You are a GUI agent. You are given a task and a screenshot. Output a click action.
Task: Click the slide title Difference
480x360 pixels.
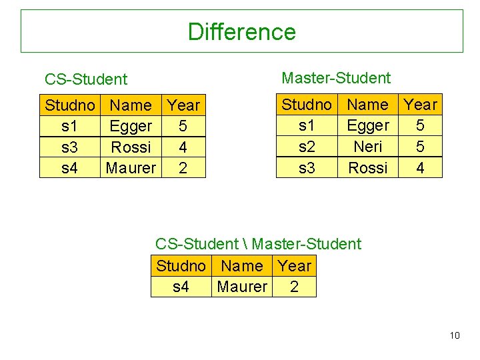pos(241,31)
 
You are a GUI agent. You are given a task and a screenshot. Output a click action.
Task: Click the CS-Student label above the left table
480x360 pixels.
pos(85,79)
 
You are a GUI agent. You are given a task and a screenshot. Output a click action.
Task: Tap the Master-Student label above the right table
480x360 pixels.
pos(336,78)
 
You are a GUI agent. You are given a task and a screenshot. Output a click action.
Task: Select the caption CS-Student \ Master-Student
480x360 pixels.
pos(258,244)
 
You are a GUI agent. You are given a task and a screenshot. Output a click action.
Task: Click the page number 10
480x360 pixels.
pos(455,335)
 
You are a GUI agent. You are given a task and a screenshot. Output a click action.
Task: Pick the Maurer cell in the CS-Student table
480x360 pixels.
pos(131,168)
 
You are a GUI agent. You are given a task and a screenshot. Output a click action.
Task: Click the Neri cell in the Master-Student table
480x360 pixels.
pos(368,146)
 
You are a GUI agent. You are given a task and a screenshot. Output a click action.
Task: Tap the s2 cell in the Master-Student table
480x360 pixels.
pos(307,146)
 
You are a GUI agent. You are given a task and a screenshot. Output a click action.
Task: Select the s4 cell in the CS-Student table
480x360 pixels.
pos(69,168)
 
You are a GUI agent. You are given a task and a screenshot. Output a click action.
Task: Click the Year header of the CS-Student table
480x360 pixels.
pos(183,105)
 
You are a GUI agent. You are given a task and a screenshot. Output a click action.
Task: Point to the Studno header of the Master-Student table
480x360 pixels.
pos(307,104)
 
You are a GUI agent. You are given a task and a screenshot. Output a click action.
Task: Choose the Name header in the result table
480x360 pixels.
pos(241,266)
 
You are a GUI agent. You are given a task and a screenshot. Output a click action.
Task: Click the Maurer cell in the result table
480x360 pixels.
pos(242,287)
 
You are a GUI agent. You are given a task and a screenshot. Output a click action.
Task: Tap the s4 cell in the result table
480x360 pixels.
pos(181,287)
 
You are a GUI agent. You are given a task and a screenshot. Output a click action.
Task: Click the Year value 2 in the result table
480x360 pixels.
pos(294,287)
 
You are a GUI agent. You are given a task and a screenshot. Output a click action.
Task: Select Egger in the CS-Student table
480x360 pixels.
pos(131,126)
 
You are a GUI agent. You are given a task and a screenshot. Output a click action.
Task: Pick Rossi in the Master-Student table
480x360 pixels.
pos(368,167)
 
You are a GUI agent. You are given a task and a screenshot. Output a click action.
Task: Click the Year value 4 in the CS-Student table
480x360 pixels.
pos(183,147)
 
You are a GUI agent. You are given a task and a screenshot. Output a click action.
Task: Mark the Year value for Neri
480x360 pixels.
pos(420,146)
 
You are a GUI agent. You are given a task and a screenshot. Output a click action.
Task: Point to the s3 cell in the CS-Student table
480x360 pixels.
pos(69,147)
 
